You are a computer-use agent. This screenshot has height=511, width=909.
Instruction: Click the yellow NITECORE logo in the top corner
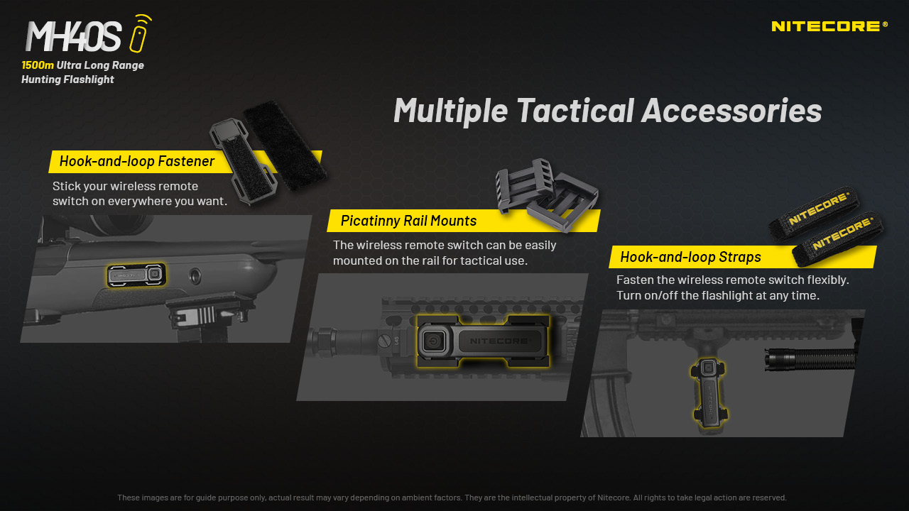(829, 26)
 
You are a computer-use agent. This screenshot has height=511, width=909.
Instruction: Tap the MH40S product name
(73, 36)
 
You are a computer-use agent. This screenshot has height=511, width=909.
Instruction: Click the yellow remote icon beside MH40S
(140, 33)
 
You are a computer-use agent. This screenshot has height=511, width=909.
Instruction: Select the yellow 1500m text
(38, 65)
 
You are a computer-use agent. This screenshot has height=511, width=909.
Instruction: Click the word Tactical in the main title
(575, 110)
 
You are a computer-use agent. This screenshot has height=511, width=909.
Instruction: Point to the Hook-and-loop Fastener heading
(137, 161)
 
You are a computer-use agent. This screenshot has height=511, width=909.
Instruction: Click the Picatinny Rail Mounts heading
(408, 221)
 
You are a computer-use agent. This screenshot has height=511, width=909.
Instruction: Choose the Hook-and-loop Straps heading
(690, 257)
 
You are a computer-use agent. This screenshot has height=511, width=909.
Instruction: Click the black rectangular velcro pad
(285, 145)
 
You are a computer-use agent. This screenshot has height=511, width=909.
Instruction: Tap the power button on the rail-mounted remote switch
(433, 341)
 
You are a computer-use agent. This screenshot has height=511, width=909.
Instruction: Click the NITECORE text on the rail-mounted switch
(499, 341)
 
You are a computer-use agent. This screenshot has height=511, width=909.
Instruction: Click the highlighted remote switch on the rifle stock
(136, 275)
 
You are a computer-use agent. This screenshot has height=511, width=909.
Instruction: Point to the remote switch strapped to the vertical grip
(709, 393)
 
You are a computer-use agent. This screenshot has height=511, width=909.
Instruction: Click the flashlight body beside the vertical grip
(810, 359)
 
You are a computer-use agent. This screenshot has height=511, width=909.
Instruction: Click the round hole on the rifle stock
(195, 276)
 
